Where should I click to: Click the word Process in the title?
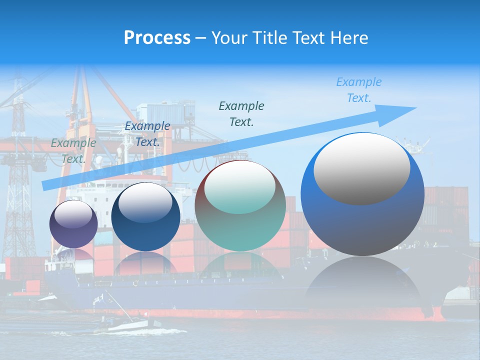pos(157,38)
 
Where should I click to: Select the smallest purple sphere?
pos(73,224)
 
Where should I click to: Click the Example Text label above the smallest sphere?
pos(73,151)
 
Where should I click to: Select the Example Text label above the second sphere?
pos(147,134)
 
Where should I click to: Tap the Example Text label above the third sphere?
pos(241,113)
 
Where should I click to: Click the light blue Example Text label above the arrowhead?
pos(359,90)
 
